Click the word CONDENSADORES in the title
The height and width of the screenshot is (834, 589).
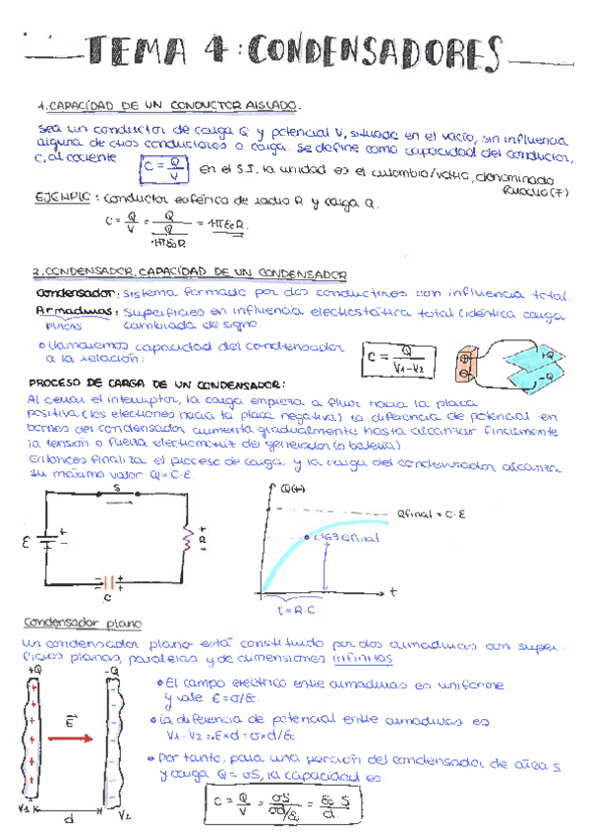pos(373,53)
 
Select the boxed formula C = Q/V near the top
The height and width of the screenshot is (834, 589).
pos(163,170)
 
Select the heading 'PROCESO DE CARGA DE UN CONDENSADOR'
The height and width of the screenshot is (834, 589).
pos(157,384)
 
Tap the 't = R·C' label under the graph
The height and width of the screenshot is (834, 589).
pos(294,610)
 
